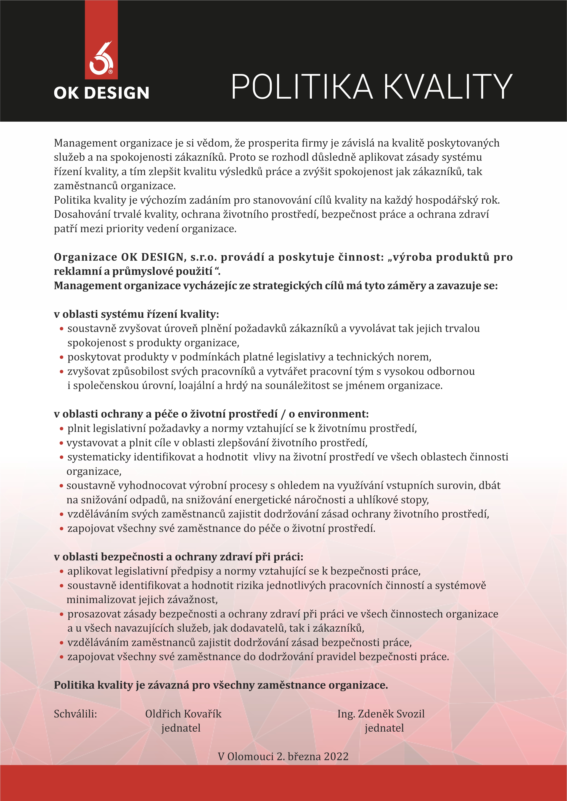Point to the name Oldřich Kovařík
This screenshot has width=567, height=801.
pyautogui.click(x=183, y=714)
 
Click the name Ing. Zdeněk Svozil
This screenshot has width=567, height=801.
pyautogui.click(x=381, y=714)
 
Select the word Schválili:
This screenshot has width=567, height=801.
pyautogui.click(x=75, y=714)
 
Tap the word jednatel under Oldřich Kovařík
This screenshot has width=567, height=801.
pyautogui.click(x=181, y=728)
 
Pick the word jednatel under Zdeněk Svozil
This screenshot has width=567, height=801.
pyautogui.click(x=384, y=728)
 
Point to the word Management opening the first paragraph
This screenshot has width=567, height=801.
pyautogui.click(x=85, y=143)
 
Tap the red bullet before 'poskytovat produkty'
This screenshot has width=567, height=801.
pyautogui.click(x=61, y=358)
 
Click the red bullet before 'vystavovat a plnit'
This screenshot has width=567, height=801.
pyautogui.click(x=61, y=443)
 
